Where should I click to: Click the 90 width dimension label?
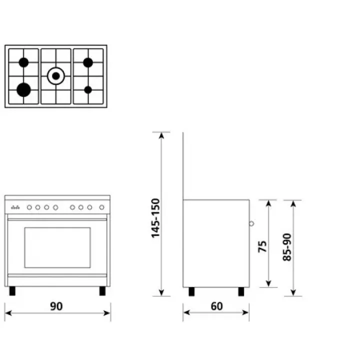(56, 306)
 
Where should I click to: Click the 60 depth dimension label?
(216, 306)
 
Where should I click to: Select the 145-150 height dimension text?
(155, 218)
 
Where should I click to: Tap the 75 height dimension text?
(262, 246)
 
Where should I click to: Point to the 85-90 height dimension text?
(287, 247)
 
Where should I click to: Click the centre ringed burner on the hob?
(56, 76)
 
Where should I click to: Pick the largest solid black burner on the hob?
(23, 90)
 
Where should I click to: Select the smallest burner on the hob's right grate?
(88, 90)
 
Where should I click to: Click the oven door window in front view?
(57, 247)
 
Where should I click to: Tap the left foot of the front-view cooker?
(12, 291)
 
